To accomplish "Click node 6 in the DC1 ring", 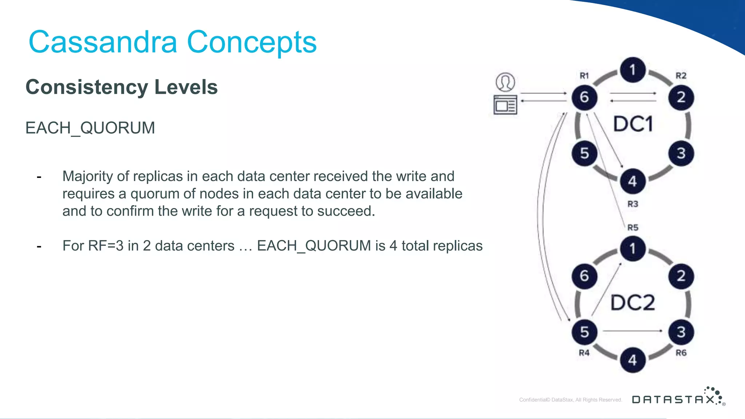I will point(584,97).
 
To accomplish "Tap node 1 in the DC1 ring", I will point(633,69).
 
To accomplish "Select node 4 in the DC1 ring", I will point(633,181).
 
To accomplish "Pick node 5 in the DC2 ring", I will point(584,332).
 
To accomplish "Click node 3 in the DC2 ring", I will point(681,332).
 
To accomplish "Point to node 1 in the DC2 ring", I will point(633,249).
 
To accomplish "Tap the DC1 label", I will point(633,124).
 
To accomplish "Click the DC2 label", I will point(633,303).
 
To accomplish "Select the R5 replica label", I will point(633,228).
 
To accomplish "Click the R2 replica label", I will point(681,76).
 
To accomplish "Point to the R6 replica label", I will point(681,353).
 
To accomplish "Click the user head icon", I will point(505,82).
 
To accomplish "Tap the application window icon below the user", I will point(505,105).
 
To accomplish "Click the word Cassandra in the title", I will point(103,42).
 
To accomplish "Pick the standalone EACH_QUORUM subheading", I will point(90,128).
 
